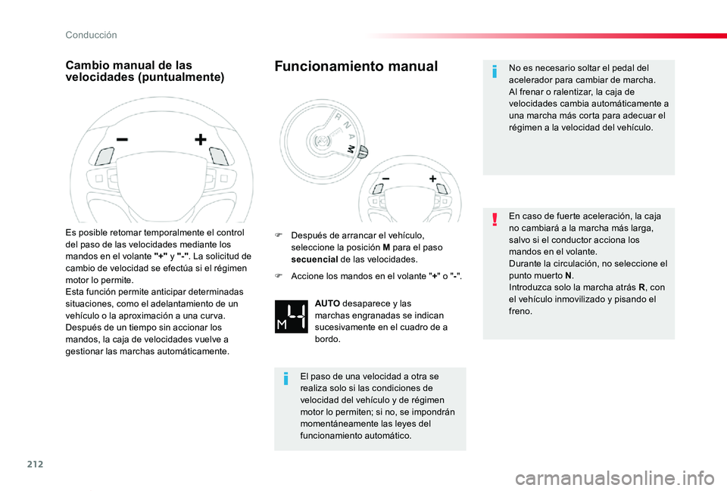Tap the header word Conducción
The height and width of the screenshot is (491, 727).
pos(91,35)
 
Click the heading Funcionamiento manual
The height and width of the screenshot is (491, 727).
pos(356,67)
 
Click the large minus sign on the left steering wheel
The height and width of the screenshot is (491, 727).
pos(122,140)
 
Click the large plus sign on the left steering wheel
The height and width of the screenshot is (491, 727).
pos(200,140)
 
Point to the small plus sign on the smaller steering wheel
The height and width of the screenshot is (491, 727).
pos(432,179)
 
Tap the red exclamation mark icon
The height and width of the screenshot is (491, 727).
pos(495,219)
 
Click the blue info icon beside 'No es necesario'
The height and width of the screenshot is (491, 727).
pos(495,71)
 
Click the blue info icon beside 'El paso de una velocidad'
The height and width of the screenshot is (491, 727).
pos(285,378)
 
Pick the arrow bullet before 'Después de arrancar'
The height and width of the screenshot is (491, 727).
pos(280,235)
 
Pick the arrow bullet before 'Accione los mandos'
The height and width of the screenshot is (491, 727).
pos(280,277)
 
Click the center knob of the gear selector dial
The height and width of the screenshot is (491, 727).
pos(323,141)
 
